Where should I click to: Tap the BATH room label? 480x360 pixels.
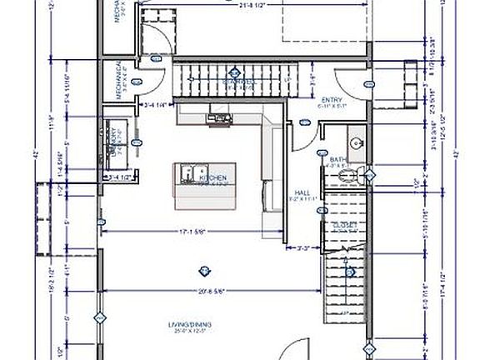tap(338, 159)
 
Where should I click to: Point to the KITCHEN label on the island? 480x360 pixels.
tap(212, 178)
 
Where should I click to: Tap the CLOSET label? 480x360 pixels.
tap(343, 225)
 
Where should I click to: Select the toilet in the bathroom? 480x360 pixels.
tap(358, 175)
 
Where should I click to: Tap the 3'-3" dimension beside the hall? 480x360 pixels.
tap(306, 247)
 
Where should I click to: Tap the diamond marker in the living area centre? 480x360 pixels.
tap(201, 268)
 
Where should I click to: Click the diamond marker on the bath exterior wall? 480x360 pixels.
tap(372, 175)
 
